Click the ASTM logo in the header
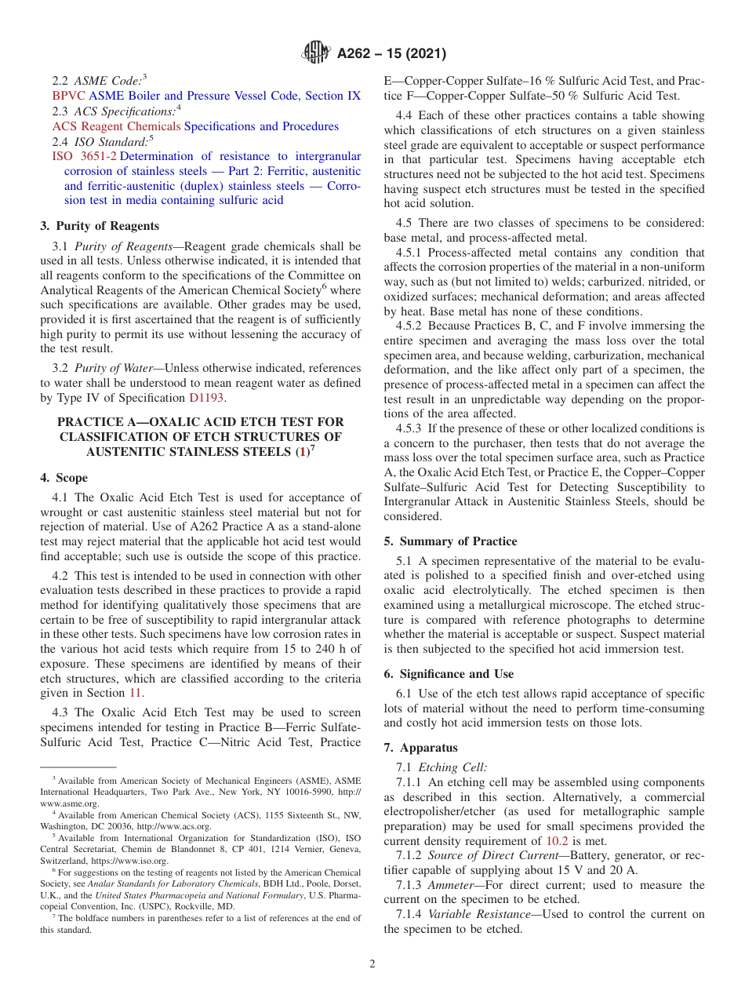tap(317, 53)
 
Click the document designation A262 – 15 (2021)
tap(391, 54)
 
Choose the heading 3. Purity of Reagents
tap(100, 226)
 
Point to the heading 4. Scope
tap(64, 478)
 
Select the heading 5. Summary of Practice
tap(450, 541)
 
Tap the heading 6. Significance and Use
tap(449, 674)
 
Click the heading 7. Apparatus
tap(420, 748)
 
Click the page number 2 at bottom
tap(372, 963)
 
